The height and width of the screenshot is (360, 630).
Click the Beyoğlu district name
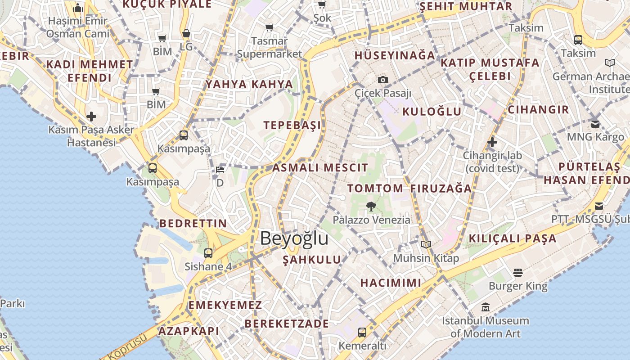294,238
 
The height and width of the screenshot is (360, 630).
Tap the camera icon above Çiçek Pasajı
383,80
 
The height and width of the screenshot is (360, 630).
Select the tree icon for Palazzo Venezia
371,207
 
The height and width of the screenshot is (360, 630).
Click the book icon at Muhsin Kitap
426,244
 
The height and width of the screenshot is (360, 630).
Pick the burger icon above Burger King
517,272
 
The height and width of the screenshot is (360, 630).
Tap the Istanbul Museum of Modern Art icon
485,307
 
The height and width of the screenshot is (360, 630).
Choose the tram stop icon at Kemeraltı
362,333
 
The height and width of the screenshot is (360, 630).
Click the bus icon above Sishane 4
208,253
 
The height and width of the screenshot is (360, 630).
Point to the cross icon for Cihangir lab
492,142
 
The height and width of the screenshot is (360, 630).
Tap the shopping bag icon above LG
186,34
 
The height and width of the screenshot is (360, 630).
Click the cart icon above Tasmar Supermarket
270,28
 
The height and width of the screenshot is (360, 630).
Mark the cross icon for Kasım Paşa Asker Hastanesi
91,117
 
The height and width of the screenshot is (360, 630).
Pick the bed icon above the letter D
220,170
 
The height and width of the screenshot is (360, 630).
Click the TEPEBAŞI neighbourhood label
292,125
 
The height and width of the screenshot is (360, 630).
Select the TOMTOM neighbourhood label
375,188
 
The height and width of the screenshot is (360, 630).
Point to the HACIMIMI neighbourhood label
391,283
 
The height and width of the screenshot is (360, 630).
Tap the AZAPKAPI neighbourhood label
189,331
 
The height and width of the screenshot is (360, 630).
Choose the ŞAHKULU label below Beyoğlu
312,260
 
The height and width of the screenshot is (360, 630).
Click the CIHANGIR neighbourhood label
538,109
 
